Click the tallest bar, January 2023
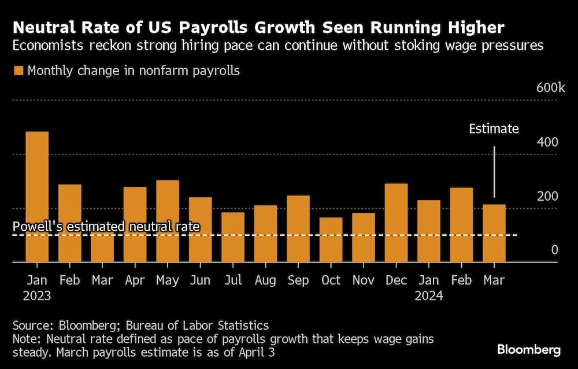click(37, 197)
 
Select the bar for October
click(331, 239)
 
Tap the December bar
click(397, 223)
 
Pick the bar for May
click(168, 221)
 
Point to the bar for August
click(266, 234)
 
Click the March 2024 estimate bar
click(494, 233)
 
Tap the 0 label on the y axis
click(554, 250)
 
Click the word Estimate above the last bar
click(494, 128)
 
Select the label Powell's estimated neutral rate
click(106, 226)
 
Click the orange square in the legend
click(18, 71)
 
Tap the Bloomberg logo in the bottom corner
click(529, 349)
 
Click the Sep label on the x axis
click(298, 280)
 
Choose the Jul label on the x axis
click(233, 280)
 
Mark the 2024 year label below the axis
click(429, 296)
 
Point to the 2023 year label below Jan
click(37, 296)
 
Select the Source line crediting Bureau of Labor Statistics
click(140, 326)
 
